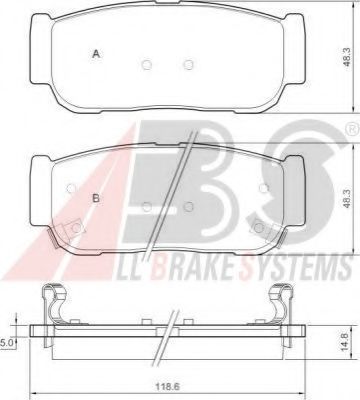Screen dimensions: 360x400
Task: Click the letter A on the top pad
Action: (x=96, y=54)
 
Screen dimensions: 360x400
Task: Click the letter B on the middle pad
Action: (x=96, y=199)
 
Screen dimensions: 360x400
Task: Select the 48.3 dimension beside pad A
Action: (x=347, y=57)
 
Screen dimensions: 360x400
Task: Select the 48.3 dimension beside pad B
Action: (x=347, y=199)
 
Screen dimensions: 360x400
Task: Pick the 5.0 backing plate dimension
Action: (x=7, y=343)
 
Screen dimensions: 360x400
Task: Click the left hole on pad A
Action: (x=147, y=64)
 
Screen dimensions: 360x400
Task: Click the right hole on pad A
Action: (x=189, y=64)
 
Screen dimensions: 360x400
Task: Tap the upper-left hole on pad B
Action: (x=71, y=188)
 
